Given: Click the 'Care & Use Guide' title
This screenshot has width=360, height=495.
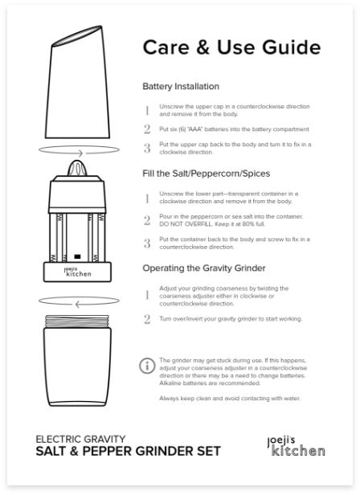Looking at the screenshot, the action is pos(231,47).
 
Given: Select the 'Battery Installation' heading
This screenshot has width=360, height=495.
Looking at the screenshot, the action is pos(181,86).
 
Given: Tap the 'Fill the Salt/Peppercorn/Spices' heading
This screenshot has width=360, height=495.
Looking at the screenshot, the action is pos(207,174).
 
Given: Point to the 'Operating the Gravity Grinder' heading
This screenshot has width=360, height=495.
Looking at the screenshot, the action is pos(203,268).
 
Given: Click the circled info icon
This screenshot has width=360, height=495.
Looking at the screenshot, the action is pos(147,366).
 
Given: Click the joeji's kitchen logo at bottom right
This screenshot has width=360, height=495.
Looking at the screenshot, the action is pos(296,446).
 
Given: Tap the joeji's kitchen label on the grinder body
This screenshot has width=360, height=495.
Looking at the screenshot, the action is pos(78,272).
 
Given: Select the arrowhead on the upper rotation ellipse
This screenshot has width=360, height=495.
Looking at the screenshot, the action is pos(80,153).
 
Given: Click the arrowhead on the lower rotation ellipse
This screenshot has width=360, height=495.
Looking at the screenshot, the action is pos(78,305).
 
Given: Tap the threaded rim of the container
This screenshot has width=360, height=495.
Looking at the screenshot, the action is pos(77,321).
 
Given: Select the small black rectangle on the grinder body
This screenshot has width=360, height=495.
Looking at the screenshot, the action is pos(77,256).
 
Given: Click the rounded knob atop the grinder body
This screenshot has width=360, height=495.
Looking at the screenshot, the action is pos(77,168).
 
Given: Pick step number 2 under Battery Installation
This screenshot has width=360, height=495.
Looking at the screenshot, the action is pos(147,129).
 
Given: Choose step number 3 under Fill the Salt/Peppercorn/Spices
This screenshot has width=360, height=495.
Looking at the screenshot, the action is pos(147,243).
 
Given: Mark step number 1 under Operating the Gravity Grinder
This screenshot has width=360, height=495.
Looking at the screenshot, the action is pos(147,295).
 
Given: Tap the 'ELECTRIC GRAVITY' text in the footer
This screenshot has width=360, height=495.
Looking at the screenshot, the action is pos(80,439).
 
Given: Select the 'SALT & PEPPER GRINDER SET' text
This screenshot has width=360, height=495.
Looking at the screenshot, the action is pos(129,451).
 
